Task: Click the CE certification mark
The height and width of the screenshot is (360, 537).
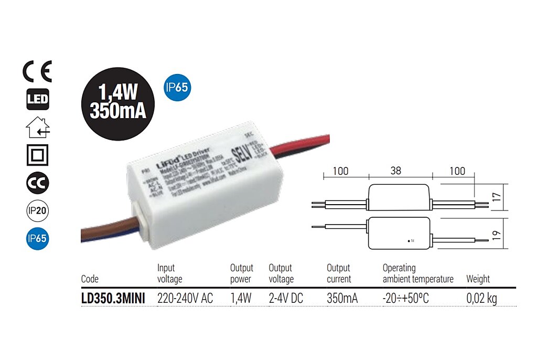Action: [x=37, y=72]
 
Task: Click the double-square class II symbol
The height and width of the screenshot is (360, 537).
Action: [x=37, y=155]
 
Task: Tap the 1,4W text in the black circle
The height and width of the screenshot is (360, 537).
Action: [x=118, y=93]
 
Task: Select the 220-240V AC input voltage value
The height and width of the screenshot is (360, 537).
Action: [x=185, y=299]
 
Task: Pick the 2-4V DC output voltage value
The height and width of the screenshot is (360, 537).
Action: [x=286, y=299]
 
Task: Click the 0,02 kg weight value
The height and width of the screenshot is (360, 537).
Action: [x=481, y=299]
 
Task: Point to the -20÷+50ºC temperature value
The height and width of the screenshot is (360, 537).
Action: [x=406, y=299]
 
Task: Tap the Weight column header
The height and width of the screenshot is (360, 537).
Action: [x=478, y=279]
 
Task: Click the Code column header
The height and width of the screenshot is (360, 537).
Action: [x=90, y=279]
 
